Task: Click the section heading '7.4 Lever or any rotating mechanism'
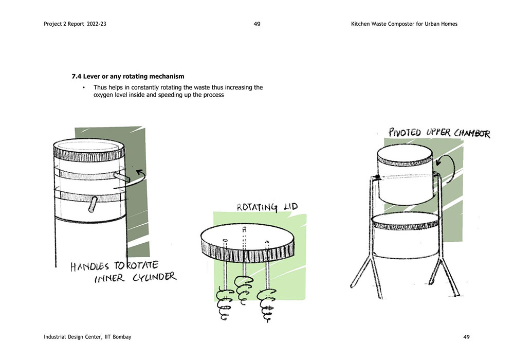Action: (x=128, y=77)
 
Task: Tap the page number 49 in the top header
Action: (x=257, y=24)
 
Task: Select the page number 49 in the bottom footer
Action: (x=467, y=337)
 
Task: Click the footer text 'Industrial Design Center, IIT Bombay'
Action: (x=87, y=337)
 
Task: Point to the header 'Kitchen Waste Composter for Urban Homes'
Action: (x=404, y=24)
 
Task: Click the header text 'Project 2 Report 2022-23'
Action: (x=75, y=24)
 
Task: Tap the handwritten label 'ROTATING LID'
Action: (x=267, y=207)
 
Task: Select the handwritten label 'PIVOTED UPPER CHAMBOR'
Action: (x=439, y=133)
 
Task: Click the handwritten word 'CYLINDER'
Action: (x=154, y=277)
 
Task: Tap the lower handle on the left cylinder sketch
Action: (x=93, y=204)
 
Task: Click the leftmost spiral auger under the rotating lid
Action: (x=224, y=303)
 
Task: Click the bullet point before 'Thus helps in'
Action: (x=84, y=87)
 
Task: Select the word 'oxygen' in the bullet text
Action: (x=103, y=95)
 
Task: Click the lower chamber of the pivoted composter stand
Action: (x=406, y=236)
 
